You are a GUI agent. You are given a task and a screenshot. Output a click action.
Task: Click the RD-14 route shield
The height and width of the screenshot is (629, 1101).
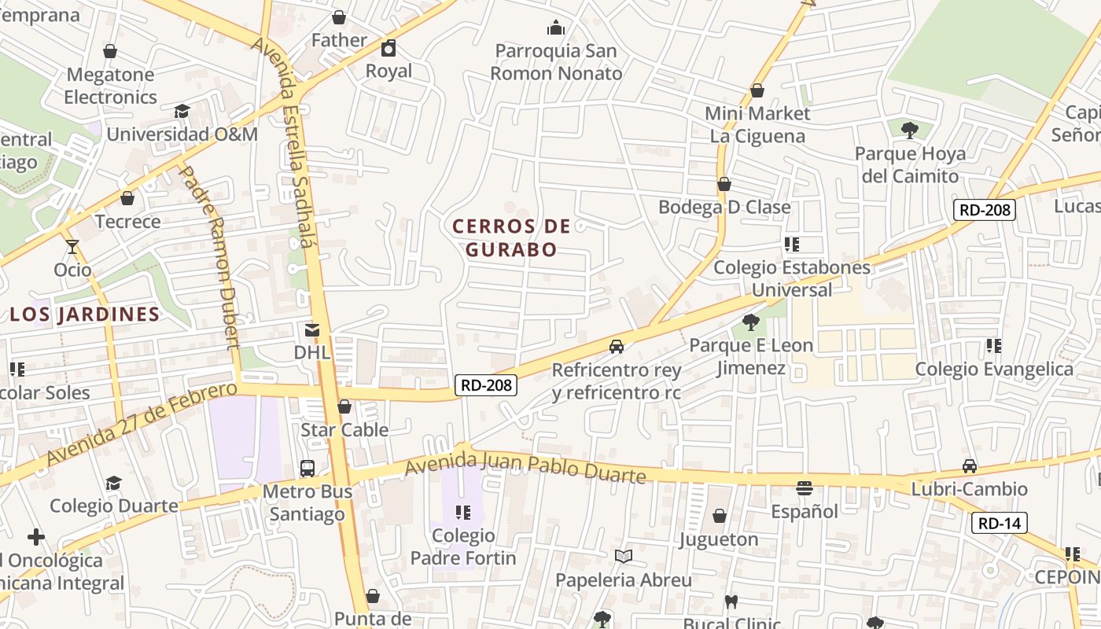click(x=999, y=523)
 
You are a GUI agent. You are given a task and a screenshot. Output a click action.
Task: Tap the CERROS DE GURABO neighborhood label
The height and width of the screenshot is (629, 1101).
click(x=511, y=237)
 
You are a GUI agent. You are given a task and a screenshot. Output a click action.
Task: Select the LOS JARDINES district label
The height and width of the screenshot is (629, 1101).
click(x=85, y=314)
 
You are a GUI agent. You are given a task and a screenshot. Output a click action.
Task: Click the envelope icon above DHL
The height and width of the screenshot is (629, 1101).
click(x=312, y=330)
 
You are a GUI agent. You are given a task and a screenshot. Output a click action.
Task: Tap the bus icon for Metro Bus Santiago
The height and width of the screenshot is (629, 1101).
click(x=307, y=469)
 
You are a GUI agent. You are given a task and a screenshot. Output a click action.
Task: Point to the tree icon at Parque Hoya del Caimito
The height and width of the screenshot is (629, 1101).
click(x=910, y=130)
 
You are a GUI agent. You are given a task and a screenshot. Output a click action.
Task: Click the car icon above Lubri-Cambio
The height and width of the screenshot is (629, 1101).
click(x=970, y=466)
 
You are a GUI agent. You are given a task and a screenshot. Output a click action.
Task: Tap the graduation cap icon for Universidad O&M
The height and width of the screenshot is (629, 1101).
click(x=182, y=112)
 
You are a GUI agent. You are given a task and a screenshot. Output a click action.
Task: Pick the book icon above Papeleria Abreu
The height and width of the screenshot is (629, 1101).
click(x=624, y=557)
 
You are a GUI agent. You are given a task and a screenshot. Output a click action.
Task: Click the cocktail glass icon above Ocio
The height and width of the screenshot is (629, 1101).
click(x=72, y=247)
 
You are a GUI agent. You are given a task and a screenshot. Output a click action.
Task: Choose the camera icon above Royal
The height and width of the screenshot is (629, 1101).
click(x=388, y=49)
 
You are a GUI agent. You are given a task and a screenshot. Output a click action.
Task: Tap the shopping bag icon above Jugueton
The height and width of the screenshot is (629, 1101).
click(x=719, y=517)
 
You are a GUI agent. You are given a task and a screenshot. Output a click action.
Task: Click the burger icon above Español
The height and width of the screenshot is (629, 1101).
click(x=804, y=488)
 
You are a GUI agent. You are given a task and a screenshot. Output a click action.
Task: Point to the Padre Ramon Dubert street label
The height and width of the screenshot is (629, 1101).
click(x=209, y=256)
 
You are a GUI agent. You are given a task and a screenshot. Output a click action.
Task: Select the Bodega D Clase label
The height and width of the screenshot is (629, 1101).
click(x=724, y=208)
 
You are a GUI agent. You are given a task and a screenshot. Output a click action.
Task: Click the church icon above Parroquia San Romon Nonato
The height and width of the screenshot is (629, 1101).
click(x=556, y=28)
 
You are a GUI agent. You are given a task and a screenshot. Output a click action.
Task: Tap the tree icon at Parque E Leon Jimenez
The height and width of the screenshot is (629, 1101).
click(x=751, y=322)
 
